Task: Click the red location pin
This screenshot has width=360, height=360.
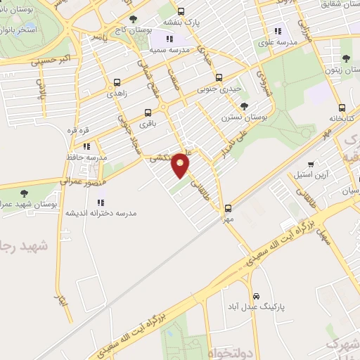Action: tap(181, 165)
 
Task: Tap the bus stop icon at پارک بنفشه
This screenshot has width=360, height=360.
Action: tap(181, 11)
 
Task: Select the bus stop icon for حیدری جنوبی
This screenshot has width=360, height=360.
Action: tap(219, 77)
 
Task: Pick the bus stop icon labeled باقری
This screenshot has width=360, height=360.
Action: tap(148, 112)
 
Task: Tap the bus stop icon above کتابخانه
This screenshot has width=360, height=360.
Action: tap(342, 108)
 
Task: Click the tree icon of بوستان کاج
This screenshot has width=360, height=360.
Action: tap(132, 20)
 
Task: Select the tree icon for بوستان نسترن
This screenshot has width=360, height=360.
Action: tap(244, 106)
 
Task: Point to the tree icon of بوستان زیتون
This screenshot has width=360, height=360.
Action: tap(345, 59)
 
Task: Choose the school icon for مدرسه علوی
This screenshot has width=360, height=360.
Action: tap(278, 31)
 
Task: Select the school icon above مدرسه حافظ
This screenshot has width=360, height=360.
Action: tap(86, 147)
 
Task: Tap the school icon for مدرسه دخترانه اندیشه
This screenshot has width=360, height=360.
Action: tap(101, 202)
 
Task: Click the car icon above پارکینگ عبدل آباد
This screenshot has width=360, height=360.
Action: tap(257, 296)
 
